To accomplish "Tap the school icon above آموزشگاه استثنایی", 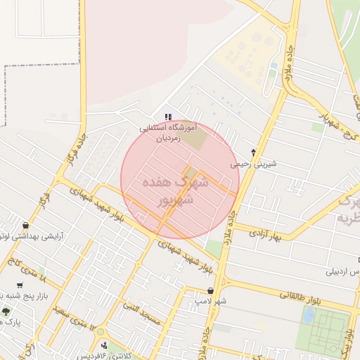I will point(167,117).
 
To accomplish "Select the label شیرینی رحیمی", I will point(254,164).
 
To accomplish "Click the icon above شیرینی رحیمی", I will point(254,152).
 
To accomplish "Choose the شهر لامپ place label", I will point(211,302).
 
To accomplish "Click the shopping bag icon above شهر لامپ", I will point(210,290).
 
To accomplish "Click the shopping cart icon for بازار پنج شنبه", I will point(20,285).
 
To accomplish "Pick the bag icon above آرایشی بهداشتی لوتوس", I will point(26,226).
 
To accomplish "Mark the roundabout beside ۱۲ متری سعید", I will point(100,332).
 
